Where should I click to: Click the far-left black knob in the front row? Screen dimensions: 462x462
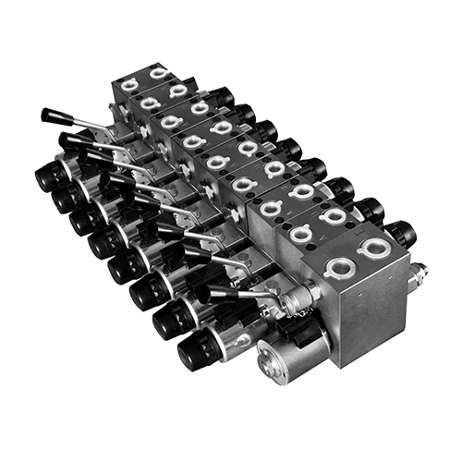tap(47, 176)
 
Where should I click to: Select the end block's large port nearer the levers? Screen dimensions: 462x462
tap(337, 269)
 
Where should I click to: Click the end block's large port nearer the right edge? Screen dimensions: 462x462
tap(375, 247)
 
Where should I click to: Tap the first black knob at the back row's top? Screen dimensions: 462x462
tap(223, 95)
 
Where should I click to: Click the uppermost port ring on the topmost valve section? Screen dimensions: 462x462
tap(158, 73)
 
